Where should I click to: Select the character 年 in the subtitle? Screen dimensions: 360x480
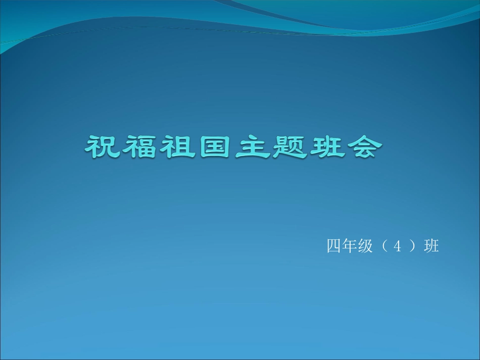[350, 246]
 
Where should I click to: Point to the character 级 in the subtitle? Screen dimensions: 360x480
[365, 246]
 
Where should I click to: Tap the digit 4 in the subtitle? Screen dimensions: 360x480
[398, 247]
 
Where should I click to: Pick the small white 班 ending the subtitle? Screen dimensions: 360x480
[431, 246]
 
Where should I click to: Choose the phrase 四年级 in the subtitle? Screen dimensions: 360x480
[350, 246]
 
